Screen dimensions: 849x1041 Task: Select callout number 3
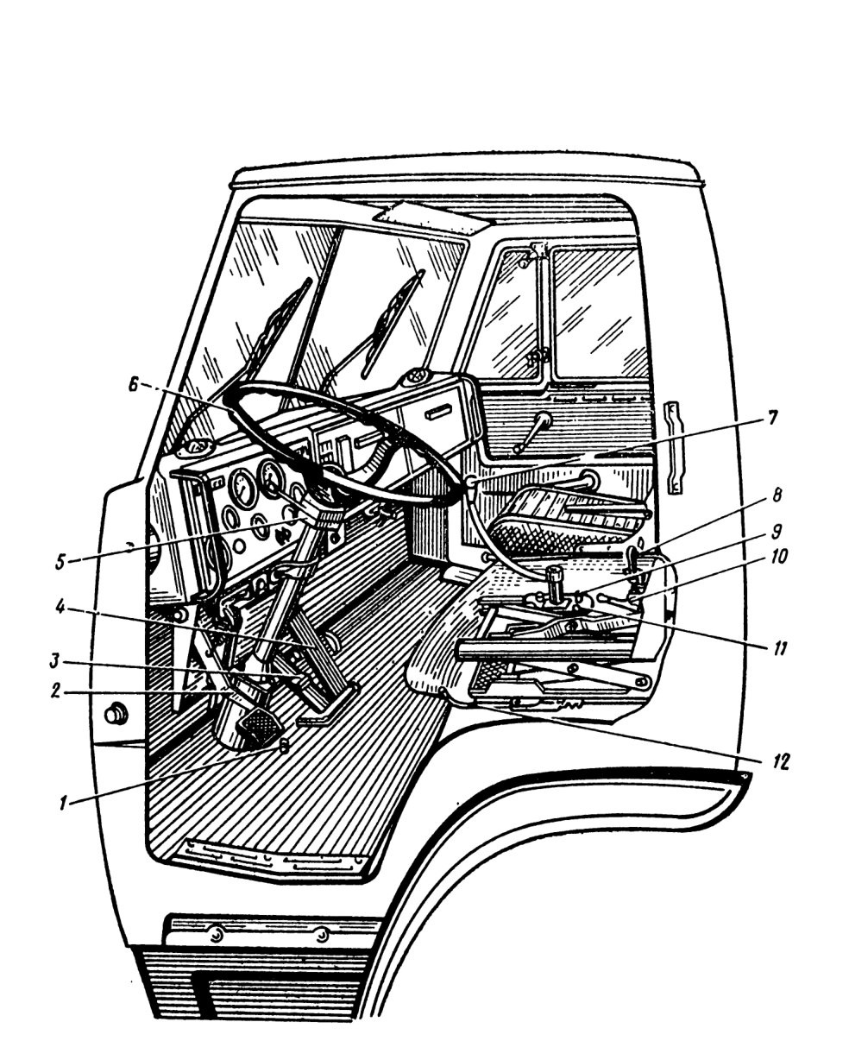(x=55, y=661)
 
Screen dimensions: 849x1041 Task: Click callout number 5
(x=60, y=562)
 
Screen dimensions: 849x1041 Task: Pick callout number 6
(x=134, y=384)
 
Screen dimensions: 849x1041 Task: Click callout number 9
(x=777, y=531)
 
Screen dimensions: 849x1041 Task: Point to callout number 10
(x=778, y=556)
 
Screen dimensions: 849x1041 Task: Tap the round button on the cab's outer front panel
(x=116, y=714)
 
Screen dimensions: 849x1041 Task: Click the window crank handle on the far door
(x=531, y=432)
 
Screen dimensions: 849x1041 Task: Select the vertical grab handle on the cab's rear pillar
(x=675, y=447)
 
